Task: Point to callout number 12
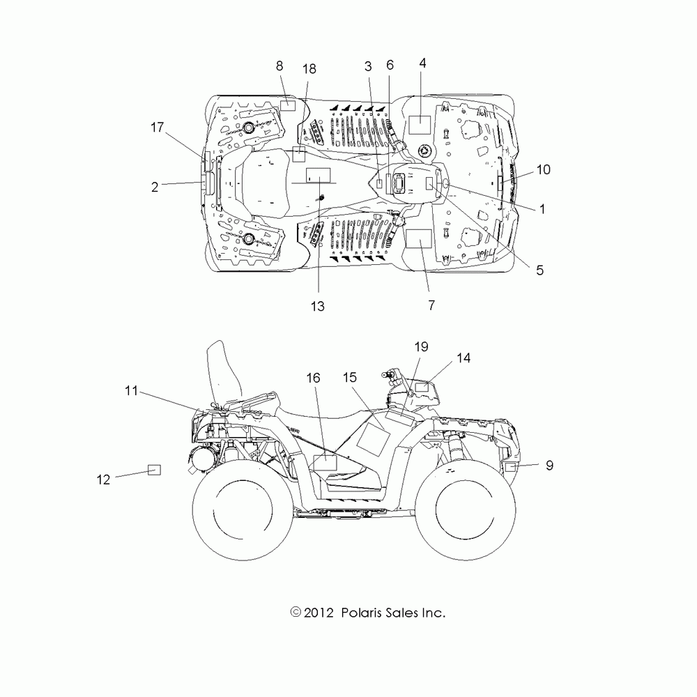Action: point(104,480)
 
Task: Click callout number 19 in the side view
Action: point(421,346)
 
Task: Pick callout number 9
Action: point(549,466)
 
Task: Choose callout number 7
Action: point(431,305)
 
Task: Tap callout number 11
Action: point(132,391)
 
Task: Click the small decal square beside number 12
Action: point(153,470)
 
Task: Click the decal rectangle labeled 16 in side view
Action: point(325,461)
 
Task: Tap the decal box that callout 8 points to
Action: point(288,106)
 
